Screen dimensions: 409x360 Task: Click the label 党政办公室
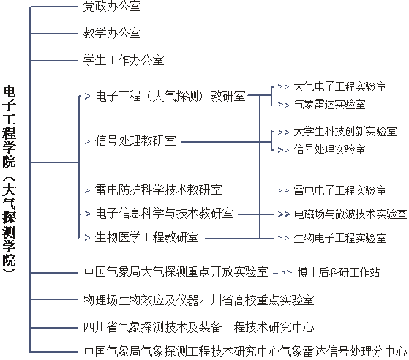[x=112, y=6]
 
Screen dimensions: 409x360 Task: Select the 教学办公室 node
[x=112, y=33]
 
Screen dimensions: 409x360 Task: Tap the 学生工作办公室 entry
[x=124, y=60]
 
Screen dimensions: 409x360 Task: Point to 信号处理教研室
[x=135, y=140]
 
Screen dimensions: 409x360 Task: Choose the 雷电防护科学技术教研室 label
[x=158, y=190]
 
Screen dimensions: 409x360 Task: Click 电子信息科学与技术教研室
[x=165, y=213]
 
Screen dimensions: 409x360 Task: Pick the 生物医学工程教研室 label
[x=146, y=237]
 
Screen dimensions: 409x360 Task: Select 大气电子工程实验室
[x=340, y=86]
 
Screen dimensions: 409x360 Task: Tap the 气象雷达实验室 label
[x=329, y=104]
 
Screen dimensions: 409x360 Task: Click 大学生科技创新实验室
[x=345, y=131]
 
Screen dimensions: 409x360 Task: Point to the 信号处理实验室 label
[x=329, y=149]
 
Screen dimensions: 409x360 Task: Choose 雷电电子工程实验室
[x=340, y=190]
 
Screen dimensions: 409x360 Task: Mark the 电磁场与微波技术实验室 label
[x=350, y=214]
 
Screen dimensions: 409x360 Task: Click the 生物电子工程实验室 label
[x=340, y=238]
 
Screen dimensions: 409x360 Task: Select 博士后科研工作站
[x=339, y=272]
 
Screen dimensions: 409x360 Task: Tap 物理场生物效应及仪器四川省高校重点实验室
[x=199, y=300]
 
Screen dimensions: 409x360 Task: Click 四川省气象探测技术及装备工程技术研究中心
[x=199, y=327]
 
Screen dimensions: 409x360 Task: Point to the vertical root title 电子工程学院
[x=9, y=126]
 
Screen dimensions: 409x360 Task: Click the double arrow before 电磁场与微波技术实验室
[x=284, y=214]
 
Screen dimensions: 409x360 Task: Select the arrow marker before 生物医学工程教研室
[x=87, y=237]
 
